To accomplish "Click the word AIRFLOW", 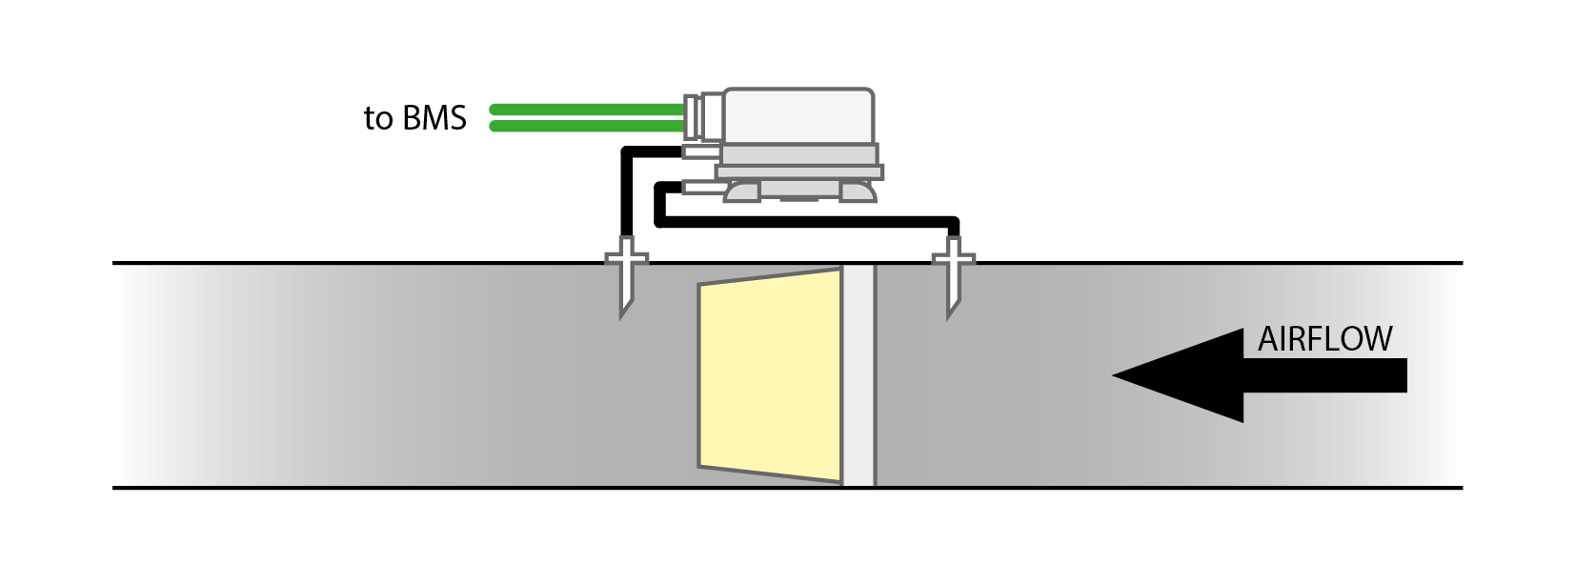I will click(x=1324, y=340).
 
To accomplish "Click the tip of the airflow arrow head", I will click(x=1117, y=375).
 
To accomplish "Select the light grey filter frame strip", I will click(x=858, y=376).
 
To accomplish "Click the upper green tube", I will click(x=586, y=109).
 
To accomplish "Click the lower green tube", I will click(x=586, y=126).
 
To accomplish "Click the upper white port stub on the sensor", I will click(x=701, y=151).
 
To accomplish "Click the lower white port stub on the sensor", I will click(x=699, y=188).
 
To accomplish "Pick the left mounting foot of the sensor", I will click(x=742, y=191).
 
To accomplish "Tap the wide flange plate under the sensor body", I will click(x=799, y=172).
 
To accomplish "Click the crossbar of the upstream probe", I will click(x=953, y=258).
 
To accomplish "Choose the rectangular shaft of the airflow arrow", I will click(x=1324, y=375).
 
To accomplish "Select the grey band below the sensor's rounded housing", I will click(x=798, y=153).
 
